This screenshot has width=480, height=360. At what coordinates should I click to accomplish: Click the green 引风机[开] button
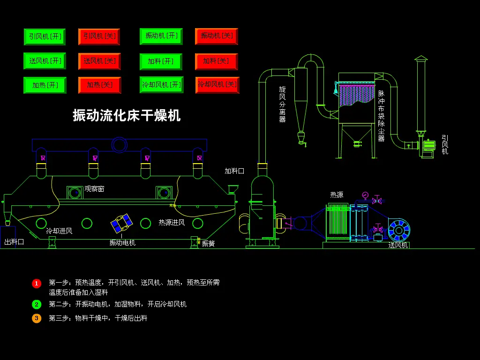(x=45, y=37)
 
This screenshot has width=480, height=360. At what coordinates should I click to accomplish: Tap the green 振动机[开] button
(x=161, y=37)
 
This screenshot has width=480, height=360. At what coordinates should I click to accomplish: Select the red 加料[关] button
(x=216, y=61)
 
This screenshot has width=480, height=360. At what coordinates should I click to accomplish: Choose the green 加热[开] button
(x=45, y=85)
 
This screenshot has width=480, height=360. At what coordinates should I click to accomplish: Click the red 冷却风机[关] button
(x=217, y=85)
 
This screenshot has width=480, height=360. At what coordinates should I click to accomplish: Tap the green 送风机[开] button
(x=45, y=61)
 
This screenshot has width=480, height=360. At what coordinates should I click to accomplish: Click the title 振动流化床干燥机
(x=127, y=115)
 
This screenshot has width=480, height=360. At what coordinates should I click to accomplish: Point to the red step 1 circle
(x=37, y=283)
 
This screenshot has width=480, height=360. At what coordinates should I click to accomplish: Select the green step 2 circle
(x=37, y=304)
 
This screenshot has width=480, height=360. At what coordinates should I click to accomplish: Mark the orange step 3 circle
(x=37, y=318)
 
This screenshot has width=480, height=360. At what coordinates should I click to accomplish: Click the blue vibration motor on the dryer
(x=121, y=223)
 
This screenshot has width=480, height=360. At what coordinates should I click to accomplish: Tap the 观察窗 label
(x=94, y=189)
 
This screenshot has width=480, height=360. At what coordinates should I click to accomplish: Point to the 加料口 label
(x=234, y=171)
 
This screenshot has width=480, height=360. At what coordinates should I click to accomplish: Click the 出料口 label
(x=14, y=242)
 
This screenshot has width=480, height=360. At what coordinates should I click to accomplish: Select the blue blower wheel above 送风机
(x=399, y=230)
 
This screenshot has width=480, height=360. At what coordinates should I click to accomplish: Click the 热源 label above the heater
(x=337, y=195)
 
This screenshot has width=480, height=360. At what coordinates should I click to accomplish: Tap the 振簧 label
(x=208, y=243)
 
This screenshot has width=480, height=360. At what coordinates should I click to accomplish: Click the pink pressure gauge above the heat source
(x=365, y=195)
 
